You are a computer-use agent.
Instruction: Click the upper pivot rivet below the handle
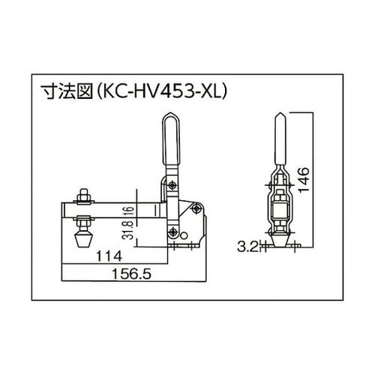[x=173, y=185]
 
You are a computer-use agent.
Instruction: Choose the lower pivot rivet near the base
[x=172, y=231]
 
